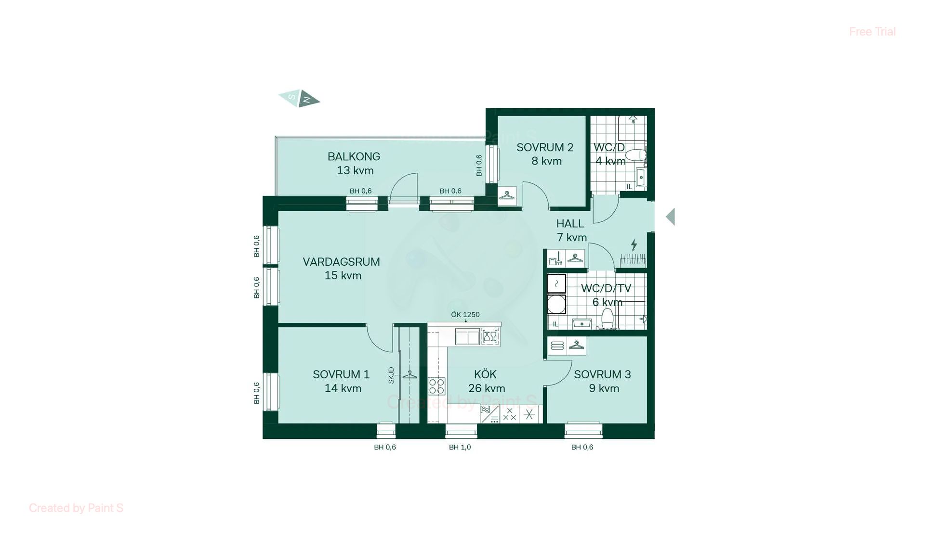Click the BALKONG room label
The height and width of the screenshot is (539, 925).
(x=354, y=156)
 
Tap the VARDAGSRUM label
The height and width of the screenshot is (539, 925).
(x=341, y=262)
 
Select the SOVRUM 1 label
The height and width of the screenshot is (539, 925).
(x=341, y=374)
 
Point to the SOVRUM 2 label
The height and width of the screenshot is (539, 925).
(x=545, y=147)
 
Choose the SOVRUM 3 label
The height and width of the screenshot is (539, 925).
(x=602, y=374)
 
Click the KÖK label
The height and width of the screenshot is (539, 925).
(x=485, y=374)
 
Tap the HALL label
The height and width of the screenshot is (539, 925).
(x=570, y=223)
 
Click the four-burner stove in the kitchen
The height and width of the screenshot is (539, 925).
(x=436, y=386)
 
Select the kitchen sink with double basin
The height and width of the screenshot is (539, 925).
(x=467, y=337)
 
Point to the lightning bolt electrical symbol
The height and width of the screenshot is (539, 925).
(x=634, y=244)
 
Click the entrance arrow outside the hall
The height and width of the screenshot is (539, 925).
(x=670, y=217)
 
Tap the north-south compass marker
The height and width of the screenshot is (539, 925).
(x=299, y=99)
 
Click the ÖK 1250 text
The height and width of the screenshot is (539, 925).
(x=465, y=315)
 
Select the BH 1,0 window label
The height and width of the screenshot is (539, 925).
(x=460, y=447)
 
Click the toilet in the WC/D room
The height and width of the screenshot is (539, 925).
(x=637, y=155)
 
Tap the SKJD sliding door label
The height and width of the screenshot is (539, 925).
(x=391, y=375)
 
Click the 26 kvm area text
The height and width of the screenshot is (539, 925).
(x=487, y=388)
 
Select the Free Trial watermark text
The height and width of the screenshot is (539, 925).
(x=872, y=32)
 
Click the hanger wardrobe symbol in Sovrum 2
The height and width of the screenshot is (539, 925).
(x=506, y=195)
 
